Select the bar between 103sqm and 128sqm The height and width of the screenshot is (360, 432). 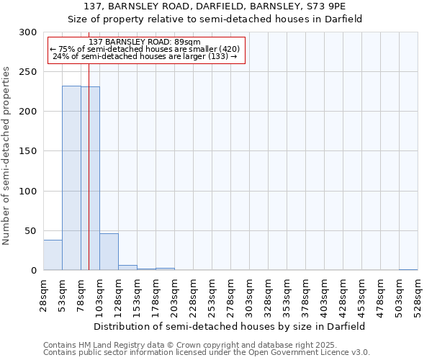109,252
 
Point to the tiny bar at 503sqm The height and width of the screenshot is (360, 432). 408,269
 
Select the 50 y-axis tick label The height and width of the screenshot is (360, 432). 31,230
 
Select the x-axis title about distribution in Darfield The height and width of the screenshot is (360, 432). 230,326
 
